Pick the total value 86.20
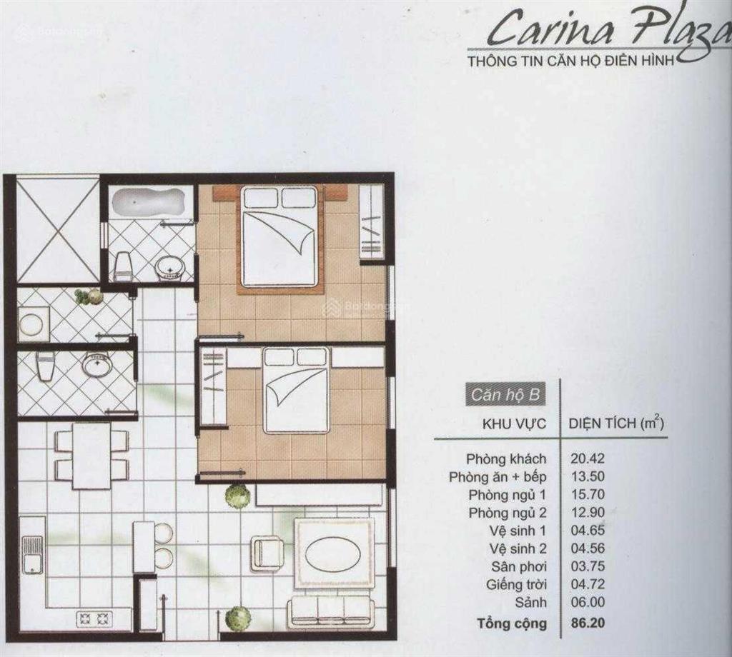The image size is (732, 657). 588,623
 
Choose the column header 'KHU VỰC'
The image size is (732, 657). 515,423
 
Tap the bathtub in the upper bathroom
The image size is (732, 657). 143,201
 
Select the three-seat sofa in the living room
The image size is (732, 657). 330,613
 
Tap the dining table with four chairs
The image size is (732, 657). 91,455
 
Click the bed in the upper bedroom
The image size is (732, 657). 279,237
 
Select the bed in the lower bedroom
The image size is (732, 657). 296,390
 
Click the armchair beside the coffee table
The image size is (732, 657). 267,553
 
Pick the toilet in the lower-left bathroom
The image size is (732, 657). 45,366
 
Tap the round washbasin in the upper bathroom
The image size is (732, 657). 169,269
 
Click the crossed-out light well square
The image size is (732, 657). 57,230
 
